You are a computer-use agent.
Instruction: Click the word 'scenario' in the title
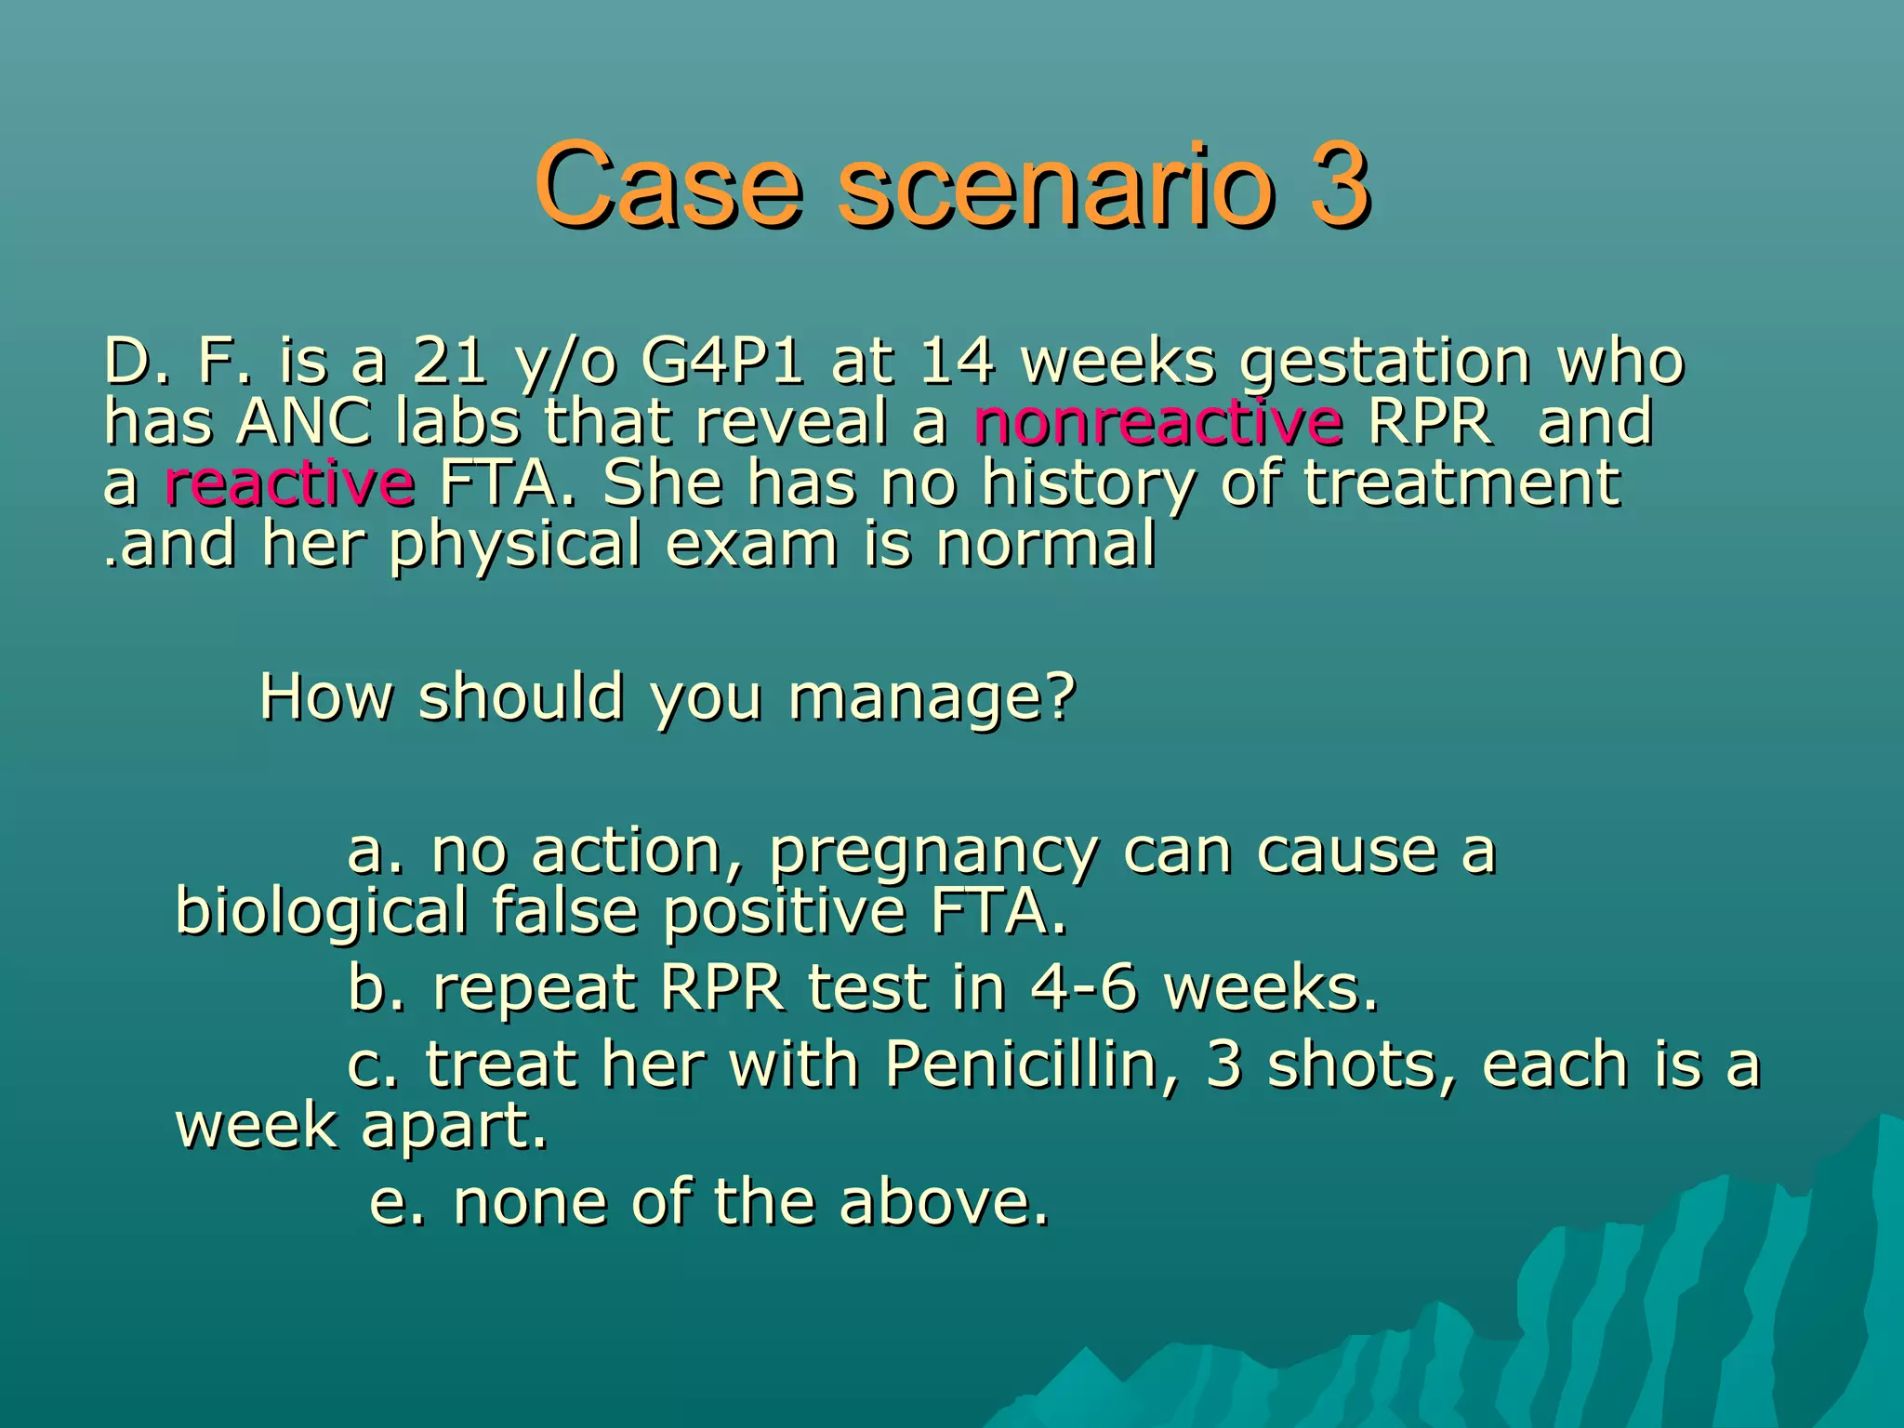(1056, 185)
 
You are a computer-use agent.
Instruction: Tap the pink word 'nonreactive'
(1157, 421)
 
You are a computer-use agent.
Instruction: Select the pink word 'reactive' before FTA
(289, 483)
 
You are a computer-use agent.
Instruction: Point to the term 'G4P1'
(721, 361)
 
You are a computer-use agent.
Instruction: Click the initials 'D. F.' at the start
(178, 361)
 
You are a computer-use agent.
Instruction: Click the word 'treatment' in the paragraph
(1462, 483)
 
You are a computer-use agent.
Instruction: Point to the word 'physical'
(515, 545)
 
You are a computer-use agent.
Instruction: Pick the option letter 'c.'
(373, 1064)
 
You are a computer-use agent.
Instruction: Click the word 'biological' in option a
(321, 911)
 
